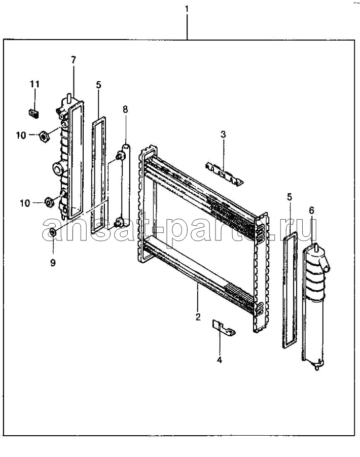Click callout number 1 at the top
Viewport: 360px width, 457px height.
187,9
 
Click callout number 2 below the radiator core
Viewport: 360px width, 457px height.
198,317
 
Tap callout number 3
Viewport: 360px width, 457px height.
223,134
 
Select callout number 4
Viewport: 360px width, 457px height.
220,360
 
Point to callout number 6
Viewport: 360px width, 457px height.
311,210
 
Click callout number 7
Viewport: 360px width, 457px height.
74,60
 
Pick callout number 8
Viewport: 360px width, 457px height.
125,110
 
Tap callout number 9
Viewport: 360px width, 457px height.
53,263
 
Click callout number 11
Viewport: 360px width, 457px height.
34,84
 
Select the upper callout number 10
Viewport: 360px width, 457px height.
21,135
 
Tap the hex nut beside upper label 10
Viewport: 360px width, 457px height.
44,136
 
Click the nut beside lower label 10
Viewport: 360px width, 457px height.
49,202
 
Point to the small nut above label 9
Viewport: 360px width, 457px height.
53,233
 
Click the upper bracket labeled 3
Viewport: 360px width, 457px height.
224,174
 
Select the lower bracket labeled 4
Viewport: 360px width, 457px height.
223,327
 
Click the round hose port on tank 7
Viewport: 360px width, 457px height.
58,168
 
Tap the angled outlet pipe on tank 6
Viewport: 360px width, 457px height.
325,263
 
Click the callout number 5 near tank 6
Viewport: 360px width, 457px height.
289,197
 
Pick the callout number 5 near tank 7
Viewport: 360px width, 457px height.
98,85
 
